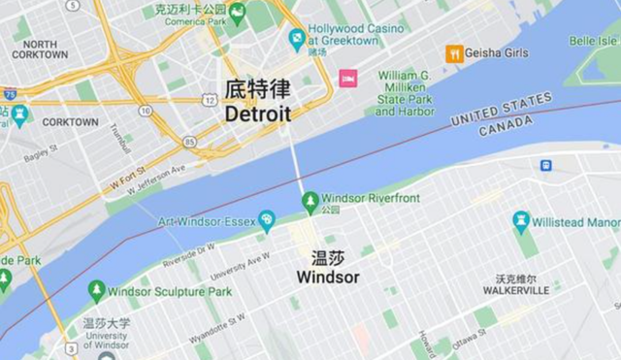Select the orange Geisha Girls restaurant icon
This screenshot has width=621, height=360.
tap(453, 53)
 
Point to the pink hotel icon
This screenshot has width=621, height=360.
tap(346, 78)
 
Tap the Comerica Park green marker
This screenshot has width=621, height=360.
tap(237, 15)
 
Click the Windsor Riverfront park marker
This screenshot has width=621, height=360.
tap(310, 201)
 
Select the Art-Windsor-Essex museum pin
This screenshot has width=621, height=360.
tap(267, 221)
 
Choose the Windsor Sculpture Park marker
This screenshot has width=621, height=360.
tap(96, 290)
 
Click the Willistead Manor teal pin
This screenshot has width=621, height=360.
tap(521, 221)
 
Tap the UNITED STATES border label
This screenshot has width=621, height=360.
tap(502, 109)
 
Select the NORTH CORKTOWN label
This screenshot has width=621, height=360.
tap(40, 49)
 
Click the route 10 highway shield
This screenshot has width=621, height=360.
tap(145, 111)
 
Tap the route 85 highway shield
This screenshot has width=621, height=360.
tap(189, 142)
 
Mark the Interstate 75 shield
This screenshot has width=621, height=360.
tap(8, 94)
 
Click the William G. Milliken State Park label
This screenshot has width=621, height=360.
tap(404, 93)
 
